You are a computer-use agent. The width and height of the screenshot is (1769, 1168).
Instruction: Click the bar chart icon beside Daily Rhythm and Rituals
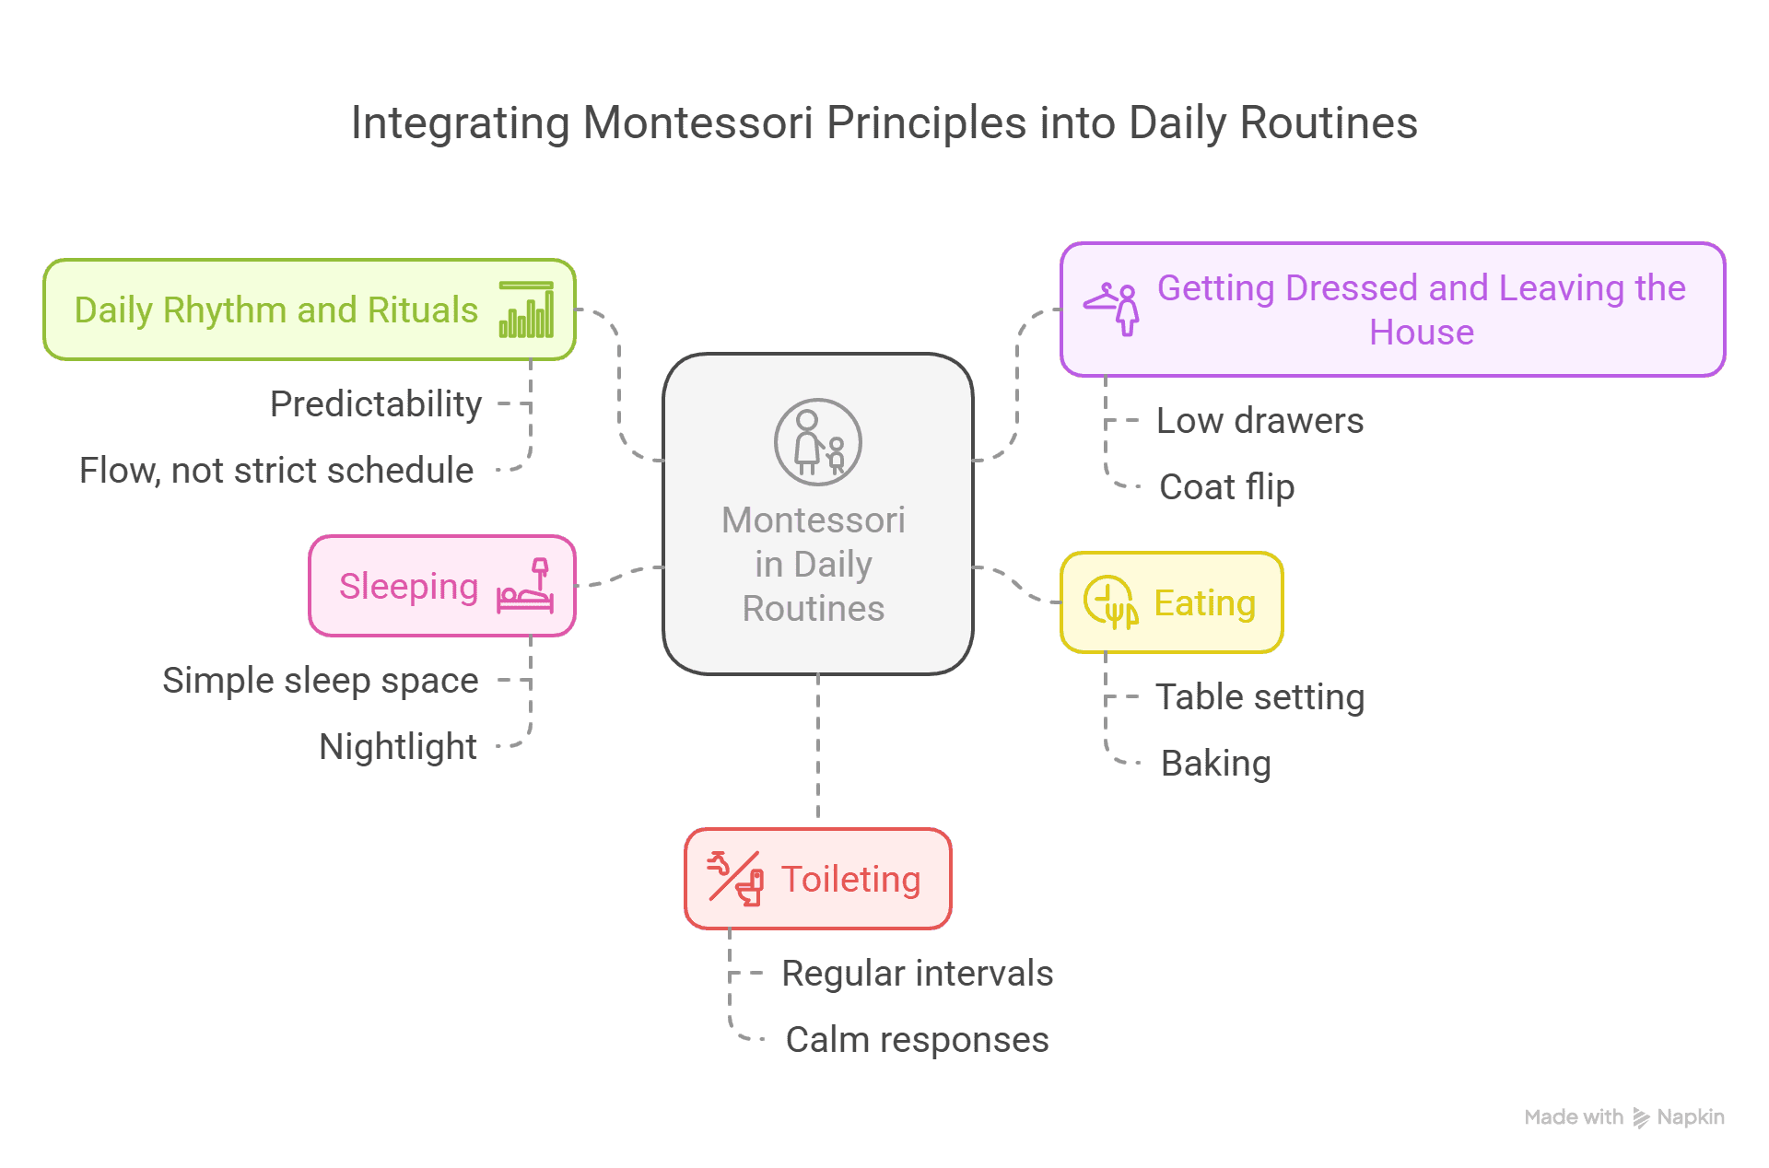[526, 310]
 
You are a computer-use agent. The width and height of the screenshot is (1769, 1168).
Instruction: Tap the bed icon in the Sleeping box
[525, 586]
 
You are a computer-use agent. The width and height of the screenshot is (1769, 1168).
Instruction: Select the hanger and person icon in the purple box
[1111, 310]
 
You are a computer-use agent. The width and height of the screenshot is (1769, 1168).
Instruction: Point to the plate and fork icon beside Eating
[1111, 602]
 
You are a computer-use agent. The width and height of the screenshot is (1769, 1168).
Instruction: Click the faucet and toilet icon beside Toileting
[735, 879]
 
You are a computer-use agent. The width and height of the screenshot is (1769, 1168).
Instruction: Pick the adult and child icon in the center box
[818, 442]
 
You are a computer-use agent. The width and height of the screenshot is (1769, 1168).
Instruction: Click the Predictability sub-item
[376, 404]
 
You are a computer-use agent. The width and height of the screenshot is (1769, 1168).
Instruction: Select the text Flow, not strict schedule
[276, 471]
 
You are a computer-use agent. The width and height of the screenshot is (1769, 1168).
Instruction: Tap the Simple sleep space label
[321, 681]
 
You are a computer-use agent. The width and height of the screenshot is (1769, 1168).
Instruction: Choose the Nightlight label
[398, 747]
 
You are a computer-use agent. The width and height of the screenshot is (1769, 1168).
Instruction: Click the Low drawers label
[1260, 421]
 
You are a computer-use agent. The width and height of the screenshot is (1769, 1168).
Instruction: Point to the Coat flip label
[1227, 487]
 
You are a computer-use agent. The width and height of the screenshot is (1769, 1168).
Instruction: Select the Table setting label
[1260, 697]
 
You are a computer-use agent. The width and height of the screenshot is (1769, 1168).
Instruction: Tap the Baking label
[1216, 764]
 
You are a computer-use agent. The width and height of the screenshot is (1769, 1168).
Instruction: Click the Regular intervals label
[918, 974]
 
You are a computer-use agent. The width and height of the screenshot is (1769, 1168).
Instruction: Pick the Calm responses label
[918, 1040]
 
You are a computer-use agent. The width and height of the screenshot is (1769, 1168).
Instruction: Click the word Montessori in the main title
[698, 123]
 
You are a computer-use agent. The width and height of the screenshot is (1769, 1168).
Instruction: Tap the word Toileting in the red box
[851, 880]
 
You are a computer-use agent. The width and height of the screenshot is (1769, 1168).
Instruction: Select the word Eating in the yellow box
[1205, 603]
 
